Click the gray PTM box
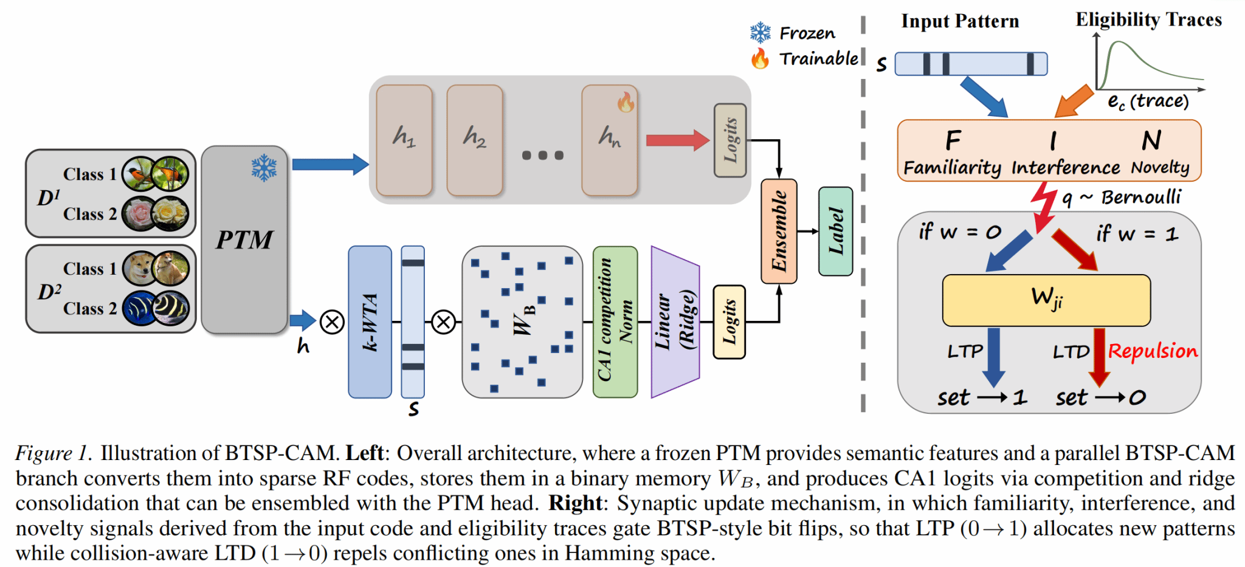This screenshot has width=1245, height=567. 244,239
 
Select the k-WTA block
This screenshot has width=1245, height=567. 370,322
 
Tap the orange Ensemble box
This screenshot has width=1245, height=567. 779,231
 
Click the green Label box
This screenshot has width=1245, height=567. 836,231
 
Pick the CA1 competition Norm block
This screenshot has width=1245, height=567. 615,322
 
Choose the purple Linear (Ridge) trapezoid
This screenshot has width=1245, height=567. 675,322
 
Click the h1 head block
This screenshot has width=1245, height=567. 404,140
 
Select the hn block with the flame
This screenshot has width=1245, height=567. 609,140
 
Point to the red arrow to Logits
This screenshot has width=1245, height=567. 677,140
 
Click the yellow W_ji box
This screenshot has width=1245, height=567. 1046,300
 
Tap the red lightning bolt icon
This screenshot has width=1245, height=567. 1044,207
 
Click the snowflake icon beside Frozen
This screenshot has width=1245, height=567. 760,33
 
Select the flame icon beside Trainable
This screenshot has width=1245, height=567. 760,58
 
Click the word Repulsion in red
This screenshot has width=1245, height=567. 1153,351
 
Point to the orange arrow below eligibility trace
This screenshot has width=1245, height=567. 1074,101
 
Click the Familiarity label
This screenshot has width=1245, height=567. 952,167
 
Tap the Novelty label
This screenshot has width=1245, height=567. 1160,167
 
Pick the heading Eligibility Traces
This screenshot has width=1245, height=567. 1148,19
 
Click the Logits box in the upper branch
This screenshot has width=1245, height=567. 730,140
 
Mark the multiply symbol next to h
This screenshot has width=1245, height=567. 333,322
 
